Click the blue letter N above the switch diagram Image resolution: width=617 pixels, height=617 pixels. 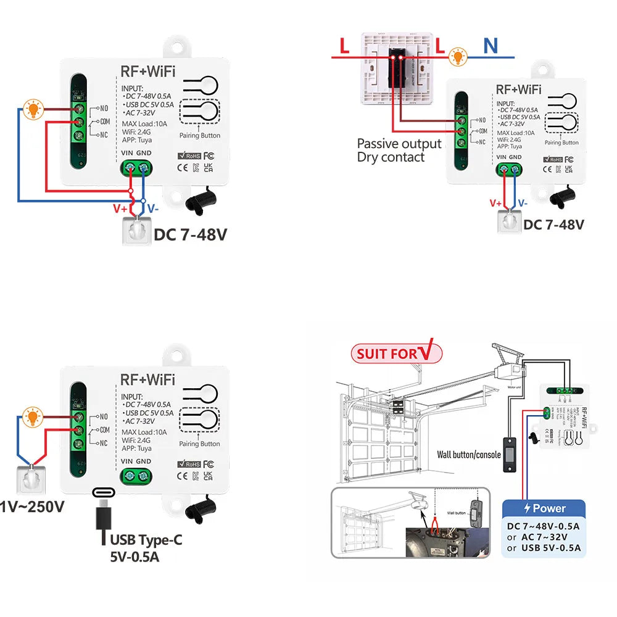[x=491, y=46]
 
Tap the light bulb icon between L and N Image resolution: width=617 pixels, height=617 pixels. [x=457, y=57]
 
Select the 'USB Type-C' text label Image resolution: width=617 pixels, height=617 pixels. [x=146, y=540]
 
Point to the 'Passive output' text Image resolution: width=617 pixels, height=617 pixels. [x=399, y=144]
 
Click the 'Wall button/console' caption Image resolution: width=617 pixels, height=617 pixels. [x=469, y=455]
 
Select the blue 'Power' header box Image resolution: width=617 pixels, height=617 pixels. [x=544, y=508]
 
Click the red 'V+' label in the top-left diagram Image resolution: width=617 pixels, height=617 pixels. [x=120, y=209]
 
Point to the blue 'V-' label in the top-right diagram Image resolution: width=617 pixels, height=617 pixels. [x=523, y=203]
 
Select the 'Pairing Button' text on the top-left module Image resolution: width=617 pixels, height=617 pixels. [x=199, y=136]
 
